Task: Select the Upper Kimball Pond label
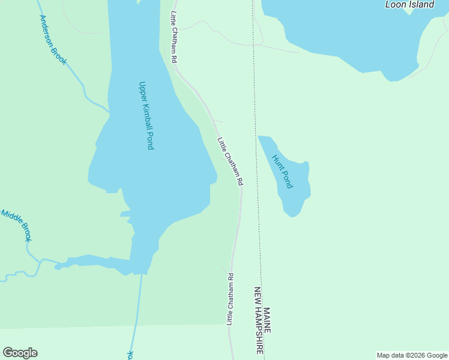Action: [x=146, y=115]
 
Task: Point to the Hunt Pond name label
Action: [x=282, y=172]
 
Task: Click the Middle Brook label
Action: [x=16, y=226]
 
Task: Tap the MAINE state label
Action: [x=267, y=321]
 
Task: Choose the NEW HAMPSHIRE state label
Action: [x=259, y=320]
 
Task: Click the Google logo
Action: [x=20, y=353]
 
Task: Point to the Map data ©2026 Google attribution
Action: [x=412, y=355]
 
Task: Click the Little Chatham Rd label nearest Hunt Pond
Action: [x=231, y=161]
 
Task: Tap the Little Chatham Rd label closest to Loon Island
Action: [x=174, y=37]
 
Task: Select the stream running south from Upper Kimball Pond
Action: [x=137, y=312]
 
